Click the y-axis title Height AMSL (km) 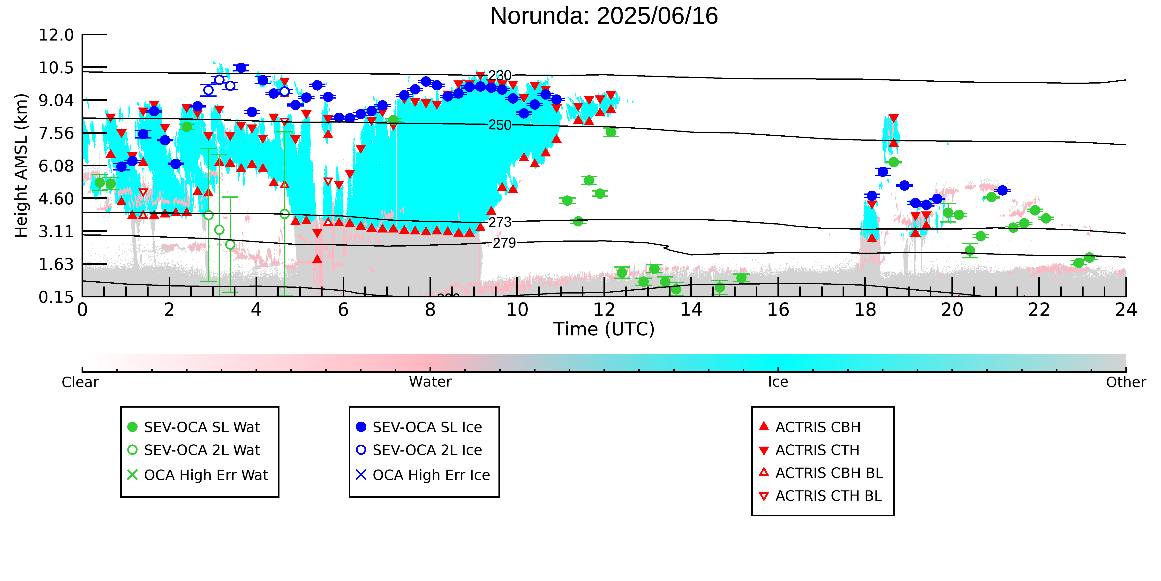tap(21, 166)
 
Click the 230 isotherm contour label tap(500, 75)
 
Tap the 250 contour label tap(500, 125)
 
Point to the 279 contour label tap(504, 243)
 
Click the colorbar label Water tap(430, 382)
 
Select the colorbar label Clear tap(80, 382)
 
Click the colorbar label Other tap(1126, 382)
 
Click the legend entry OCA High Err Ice tap(423, 475)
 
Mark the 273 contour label tap(500, 222)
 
